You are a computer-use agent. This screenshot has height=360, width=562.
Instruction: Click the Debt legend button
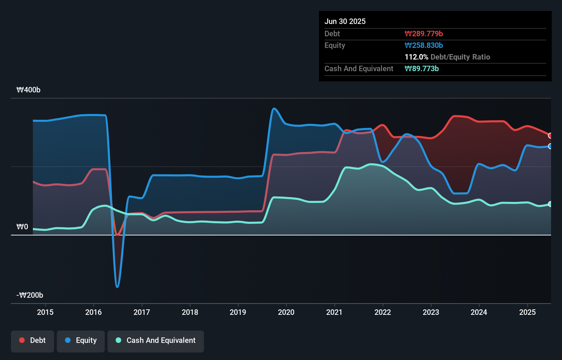click(33, 340)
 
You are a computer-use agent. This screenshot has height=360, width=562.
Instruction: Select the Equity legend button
click(81, 340)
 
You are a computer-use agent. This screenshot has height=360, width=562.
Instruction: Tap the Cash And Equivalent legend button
click(156, 340)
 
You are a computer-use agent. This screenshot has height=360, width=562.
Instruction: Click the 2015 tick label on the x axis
click(45, 312)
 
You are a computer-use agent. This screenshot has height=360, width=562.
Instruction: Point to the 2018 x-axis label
click(190, 312)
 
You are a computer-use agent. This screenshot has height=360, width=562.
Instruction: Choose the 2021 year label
click(334, 312)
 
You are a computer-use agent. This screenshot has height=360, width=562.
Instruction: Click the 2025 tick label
click(527, 312)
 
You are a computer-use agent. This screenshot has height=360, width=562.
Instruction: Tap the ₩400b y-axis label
click(28, 90)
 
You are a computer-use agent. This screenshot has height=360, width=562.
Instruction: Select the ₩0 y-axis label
click(22, 227)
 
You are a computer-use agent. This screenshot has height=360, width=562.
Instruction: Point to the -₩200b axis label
click(30, 295)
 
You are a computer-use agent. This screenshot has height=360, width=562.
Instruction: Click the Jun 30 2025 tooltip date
click(345, 21)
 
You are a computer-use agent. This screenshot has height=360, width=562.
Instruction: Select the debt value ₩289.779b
click(424, 34)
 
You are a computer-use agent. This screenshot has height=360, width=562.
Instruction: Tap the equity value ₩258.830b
click(424, 45)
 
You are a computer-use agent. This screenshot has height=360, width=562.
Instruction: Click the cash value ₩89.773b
click(422, 68)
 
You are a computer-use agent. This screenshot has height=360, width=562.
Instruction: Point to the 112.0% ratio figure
click(416, 57)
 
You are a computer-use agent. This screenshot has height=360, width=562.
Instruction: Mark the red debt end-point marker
click(550, 136)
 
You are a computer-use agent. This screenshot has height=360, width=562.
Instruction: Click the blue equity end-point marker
click(550, 146)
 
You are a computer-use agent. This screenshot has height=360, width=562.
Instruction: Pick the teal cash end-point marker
click(550, 204)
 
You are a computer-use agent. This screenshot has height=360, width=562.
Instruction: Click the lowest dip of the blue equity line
click(117, 287)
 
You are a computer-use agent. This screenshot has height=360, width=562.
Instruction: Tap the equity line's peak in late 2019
click(274, 109)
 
